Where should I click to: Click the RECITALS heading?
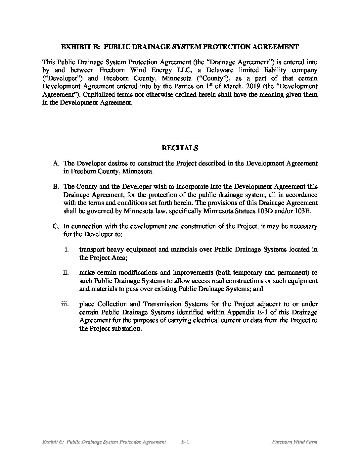click(180, 148)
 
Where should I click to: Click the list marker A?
click(56, 163)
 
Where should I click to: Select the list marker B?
click(56, 187)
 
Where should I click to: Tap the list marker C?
click(56, 226)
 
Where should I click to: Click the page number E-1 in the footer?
click(185, 442)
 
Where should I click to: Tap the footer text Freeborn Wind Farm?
click(294, 442)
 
